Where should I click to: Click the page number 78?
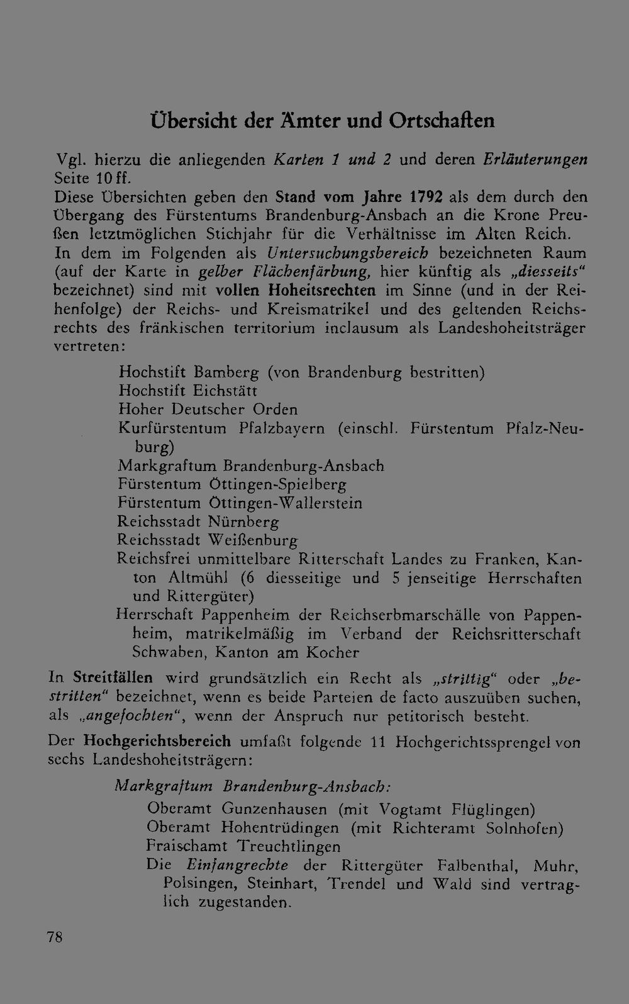pyautogui.click(x=55, y=937)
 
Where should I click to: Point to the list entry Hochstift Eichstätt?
pyautogui.click(x=188, y=391)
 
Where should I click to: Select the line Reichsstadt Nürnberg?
pyautogui.click(x=198, y=522)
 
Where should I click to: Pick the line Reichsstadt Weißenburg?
pyautogui.click(x=208, y=540)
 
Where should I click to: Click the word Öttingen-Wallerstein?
pyautogui.click(x=285, y=503)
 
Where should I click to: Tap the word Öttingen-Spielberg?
pyautogui.click(x=277, y=484)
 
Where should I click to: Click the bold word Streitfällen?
pyautogui.click(x=113, y=678)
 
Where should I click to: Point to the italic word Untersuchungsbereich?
pyautogui.click(x=348, y=254)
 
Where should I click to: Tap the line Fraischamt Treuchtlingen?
pyautogui.click(x=243, y=846)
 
